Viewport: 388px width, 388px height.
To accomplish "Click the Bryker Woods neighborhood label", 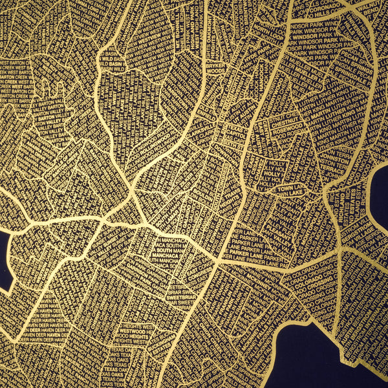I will click(214, 68).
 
